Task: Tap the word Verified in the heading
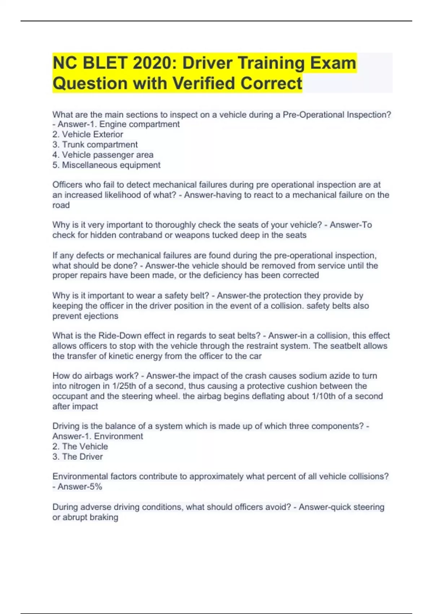[x=204, y=83]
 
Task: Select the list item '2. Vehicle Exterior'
[x=88, y=134]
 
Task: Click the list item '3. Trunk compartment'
[x=95, y=144]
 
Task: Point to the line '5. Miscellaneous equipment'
[x=106, y=165]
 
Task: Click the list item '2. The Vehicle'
[x=80, y=446]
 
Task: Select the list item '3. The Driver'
[x=78, y=457]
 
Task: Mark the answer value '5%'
[x=95, y=487]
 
